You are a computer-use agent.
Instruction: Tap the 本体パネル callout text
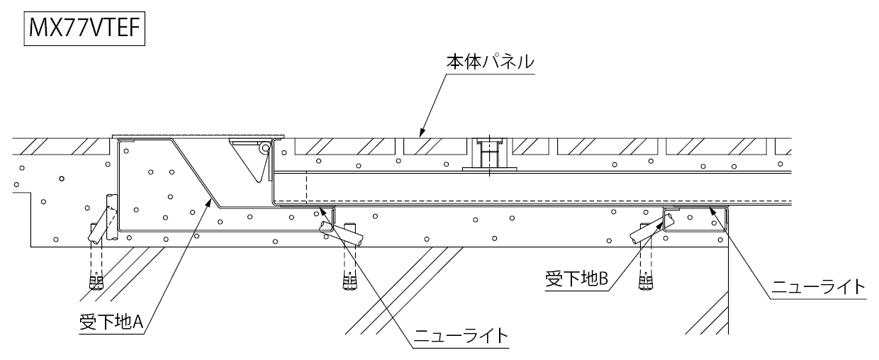(x=490, y=62)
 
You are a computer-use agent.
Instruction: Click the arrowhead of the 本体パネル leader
(x=420, y=133)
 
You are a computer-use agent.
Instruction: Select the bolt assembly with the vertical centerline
(x=487, y=154)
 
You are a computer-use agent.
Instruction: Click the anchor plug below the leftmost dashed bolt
(x=96, y=281)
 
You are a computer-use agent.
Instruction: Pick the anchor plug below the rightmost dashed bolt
(x=645, y=282)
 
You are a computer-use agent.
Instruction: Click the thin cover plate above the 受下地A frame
(x=198, y=135)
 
